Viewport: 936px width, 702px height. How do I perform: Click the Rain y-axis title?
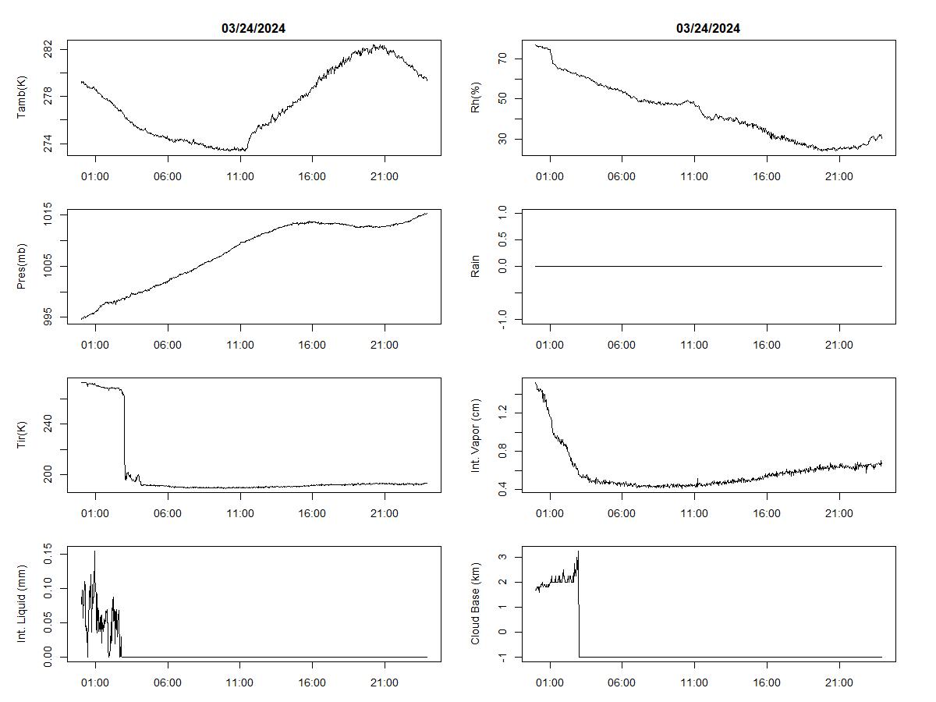click(475, 266)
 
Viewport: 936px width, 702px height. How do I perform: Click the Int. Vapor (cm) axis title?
click(475, 435)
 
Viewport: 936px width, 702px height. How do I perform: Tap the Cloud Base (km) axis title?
click(475, 604)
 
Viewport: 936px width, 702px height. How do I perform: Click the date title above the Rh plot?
click(707, 29)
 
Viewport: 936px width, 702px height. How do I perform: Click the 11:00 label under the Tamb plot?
click(239, 177)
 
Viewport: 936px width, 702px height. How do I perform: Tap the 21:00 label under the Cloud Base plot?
click(839, 682)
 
